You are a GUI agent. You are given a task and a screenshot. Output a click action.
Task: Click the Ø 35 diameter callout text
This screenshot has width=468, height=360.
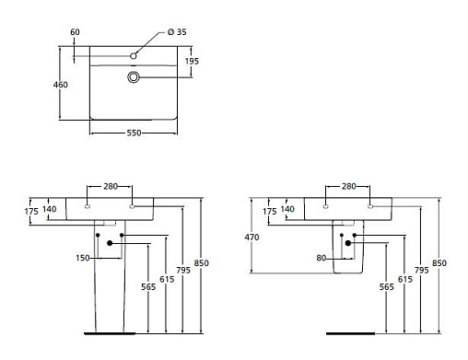(177, 32)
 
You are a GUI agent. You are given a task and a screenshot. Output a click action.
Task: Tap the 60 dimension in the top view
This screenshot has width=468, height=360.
(75, 32)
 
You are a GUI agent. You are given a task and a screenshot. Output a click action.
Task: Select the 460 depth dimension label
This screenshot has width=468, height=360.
(61, 85)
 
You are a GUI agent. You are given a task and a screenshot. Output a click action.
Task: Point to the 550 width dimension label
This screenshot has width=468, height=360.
(135, 133)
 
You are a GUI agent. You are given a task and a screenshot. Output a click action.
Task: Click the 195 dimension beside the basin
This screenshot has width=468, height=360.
(192, 61)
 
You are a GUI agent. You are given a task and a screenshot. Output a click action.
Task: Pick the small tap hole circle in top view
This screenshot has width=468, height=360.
(134, 56)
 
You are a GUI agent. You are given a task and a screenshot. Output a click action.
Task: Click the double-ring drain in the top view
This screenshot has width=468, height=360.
(134, 76)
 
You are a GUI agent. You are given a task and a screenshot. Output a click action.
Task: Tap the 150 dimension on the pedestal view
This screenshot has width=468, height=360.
(83, 258)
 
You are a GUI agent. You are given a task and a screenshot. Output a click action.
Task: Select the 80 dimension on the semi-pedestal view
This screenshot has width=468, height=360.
(322, 258)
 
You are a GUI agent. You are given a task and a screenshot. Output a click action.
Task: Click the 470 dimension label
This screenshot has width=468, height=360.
(252, 238)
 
